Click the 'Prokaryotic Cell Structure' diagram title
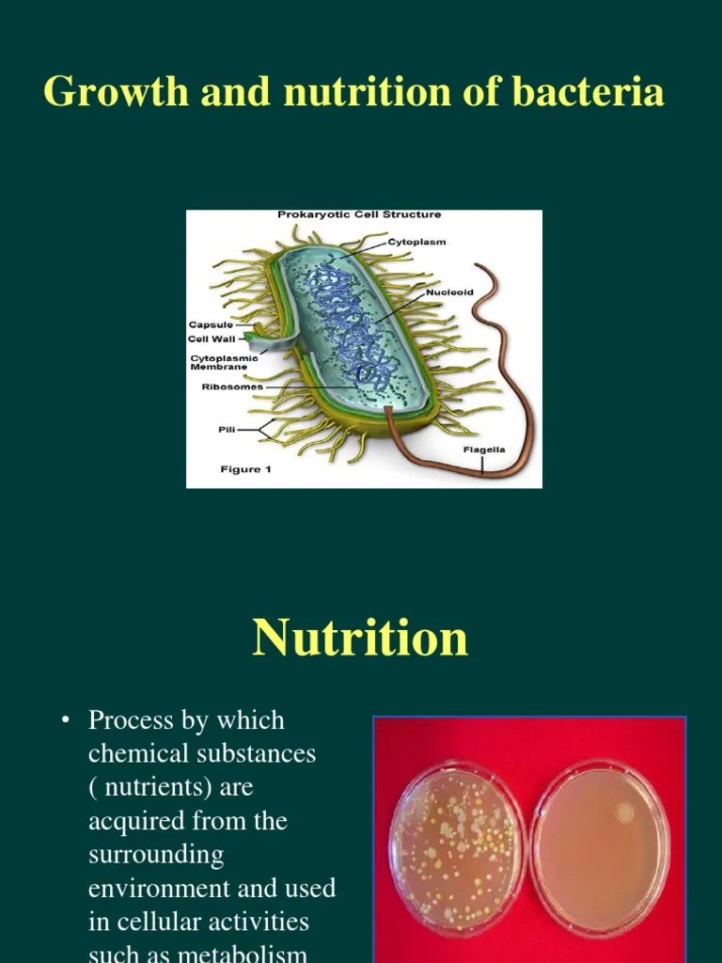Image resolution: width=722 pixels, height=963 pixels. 359,215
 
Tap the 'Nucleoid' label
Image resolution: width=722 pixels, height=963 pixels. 449,292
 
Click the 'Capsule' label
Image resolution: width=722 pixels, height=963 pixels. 211,324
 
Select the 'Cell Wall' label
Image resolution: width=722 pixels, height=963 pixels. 212,339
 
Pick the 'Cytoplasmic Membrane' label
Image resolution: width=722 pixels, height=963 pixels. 224,362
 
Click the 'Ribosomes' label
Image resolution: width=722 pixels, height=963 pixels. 232,387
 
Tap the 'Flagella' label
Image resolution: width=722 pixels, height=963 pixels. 484,450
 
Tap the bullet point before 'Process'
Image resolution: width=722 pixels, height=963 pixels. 65,721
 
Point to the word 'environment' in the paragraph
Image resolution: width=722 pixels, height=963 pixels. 150,889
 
